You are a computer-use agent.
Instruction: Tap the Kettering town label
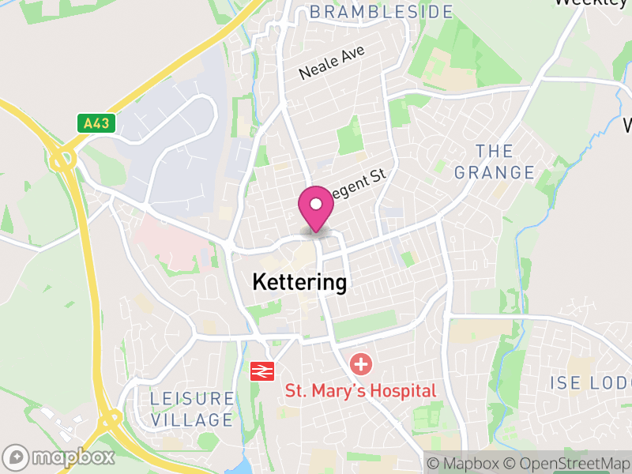click(x=299, y=282)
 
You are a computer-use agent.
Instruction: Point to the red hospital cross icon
click(x=361, y=365)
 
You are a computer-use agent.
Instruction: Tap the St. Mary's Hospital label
click(x=360, y=390)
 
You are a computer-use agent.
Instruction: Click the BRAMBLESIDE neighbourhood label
click(x=382, y=12)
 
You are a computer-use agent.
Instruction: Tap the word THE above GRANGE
click(x=495, y=151)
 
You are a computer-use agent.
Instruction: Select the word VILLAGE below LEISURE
click(x=192, y=419)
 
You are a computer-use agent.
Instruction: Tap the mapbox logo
click(x=60, y=457)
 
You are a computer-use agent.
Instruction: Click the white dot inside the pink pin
click(x=316, y=204)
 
